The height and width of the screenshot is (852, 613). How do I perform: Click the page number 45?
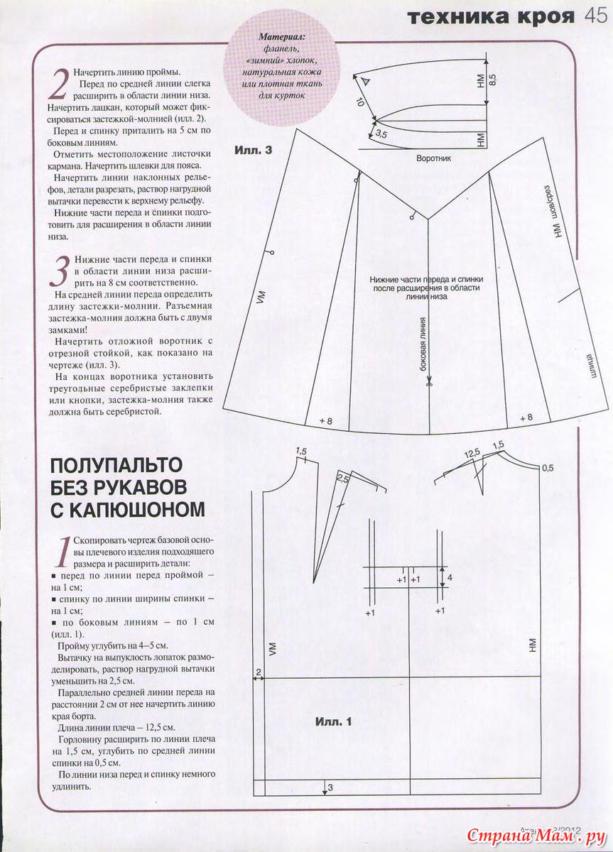point(595,16)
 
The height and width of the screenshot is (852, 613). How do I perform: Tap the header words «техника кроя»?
point(490,17)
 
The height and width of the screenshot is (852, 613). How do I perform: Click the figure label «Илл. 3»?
point(253,151)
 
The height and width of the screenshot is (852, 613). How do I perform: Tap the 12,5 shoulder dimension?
point(472,453)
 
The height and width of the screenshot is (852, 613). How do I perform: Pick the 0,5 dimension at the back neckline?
point(547,469)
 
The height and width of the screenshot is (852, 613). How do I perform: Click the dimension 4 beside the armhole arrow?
point(450,579)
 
